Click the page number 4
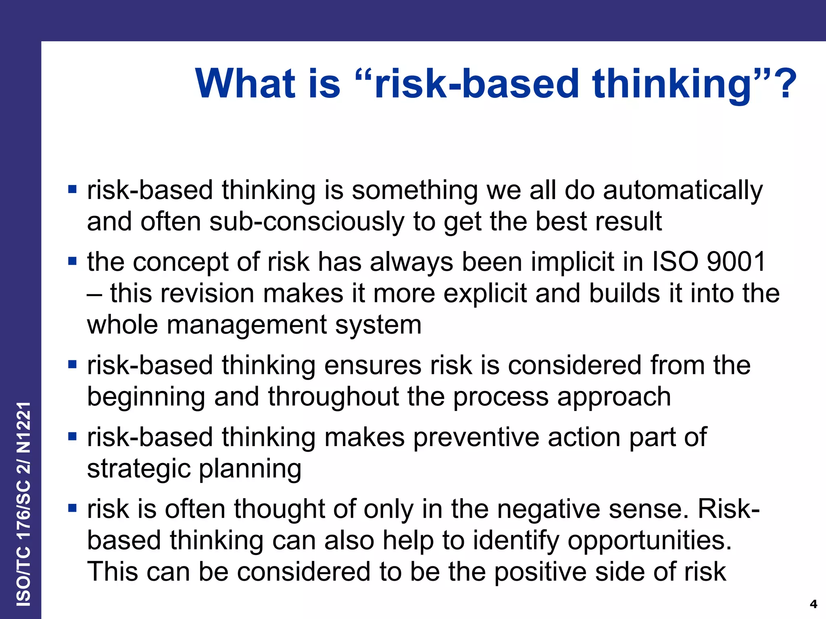tap(813, 604)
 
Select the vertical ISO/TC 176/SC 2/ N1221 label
tap(23, 504)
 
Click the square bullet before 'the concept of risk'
tap(73, 261)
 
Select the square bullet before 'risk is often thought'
tap(73, 508)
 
